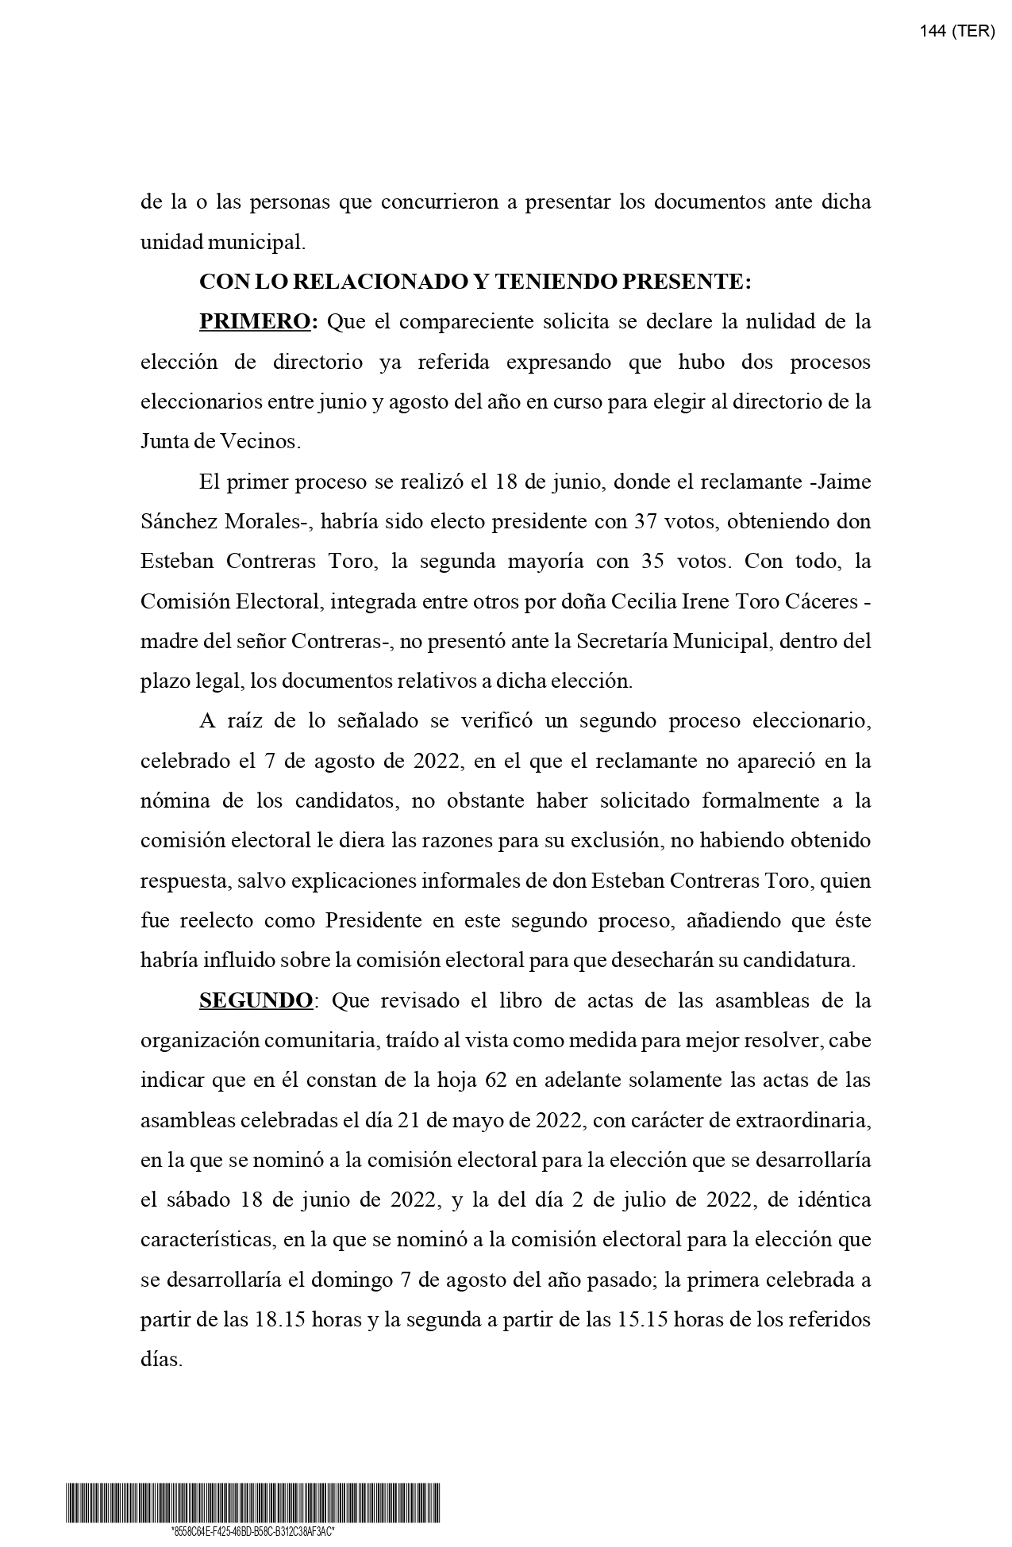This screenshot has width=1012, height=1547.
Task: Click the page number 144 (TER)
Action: [x=956, y=32]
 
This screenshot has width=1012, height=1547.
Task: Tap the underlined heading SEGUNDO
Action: [x=256, y=1000]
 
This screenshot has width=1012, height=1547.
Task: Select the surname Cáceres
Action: [x=821, y=601]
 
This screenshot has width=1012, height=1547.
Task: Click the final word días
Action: [x=161, y=1360]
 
